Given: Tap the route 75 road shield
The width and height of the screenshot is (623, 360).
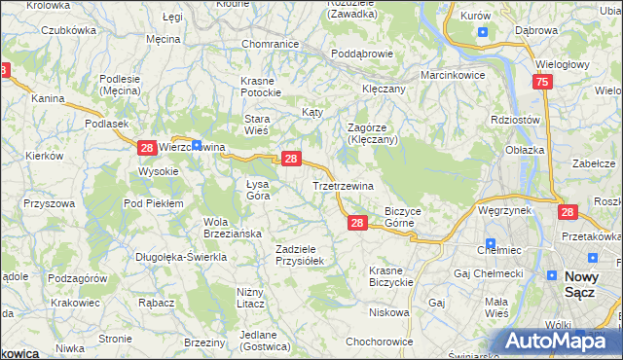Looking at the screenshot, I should [x=543, y=84].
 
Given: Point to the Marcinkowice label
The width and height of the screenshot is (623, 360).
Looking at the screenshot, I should [x=453, y=75].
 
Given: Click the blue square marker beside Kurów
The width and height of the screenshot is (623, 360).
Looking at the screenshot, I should [x=483, y=31].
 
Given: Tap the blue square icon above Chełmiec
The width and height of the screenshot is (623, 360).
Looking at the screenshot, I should [x=491, y=244].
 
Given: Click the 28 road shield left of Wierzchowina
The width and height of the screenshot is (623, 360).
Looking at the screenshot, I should [x=146, y=148].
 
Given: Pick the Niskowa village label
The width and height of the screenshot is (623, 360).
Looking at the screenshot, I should [x=388, y=312].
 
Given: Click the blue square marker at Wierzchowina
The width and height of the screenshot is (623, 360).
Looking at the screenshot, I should [x=197, y=146].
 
